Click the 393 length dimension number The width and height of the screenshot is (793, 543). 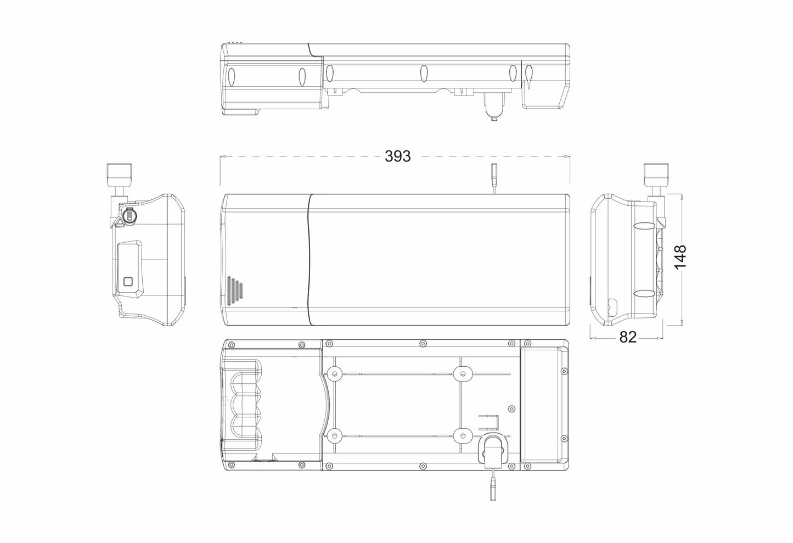coord(397,156)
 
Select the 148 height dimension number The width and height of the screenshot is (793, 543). coord(680,257)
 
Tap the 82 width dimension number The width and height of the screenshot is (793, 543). coord(627,337)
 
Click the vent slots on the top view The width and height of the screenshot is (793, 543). coord(234,289)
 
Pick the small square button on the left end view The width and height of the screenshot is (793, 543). coord(128,282)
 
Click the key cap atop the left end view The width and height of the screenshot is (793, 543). coord(120,174)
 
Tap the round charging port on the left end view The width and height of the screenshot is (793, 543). coord(129,216)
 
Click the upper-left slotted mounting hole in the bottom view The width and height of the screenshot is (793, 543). coord(333,374)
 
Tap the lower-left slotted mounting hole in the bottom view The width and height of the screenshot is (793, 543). coord(333,436)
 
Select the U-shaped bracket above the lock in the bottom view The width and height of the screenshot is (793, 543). coord(490,423)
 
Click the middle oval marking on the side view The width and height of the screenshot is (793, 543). coord(423,73)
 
